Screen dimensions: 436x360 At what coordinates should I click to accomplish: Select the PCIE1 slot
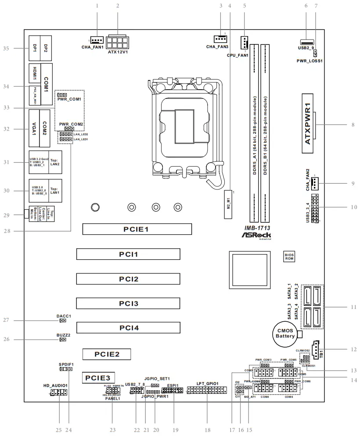pyautogui.click(x=137, y=229)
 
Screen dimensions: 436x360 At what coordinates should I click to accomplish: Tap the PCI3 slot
pyautogui.click(x=128, y=303)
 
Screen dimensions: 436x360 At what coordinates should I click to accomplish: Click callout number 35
pyautogui.click(x=6, y=48)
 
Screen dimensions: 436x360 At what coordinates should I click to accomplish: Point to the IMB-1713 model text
pyautogui.click(x=257, y=228)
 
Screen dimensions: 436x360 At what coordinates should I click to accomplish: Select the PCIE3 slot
pyautogui.click(x=99, y=377)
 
